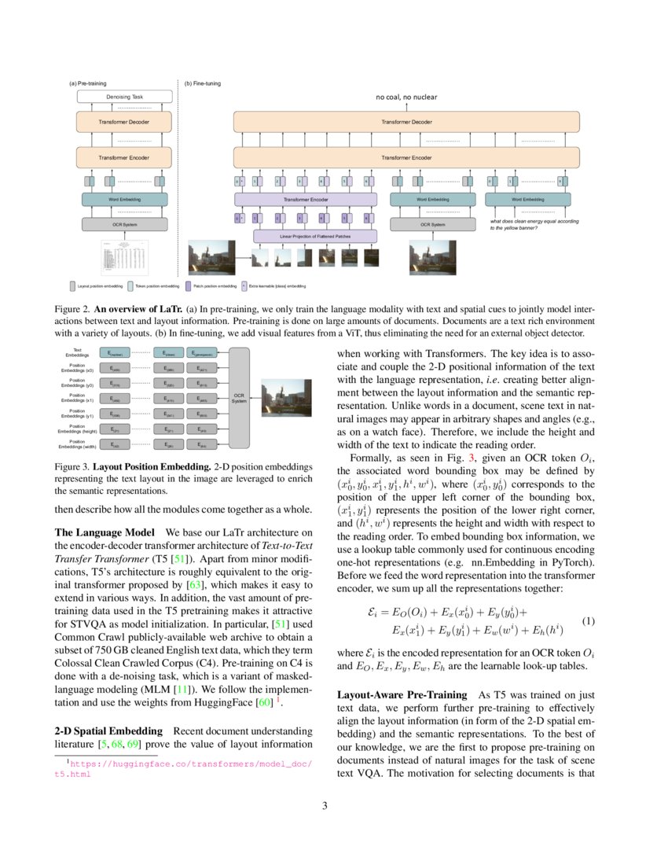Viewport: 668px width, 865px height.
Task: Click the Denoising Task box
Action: pyautogui.click(x=124, y=97)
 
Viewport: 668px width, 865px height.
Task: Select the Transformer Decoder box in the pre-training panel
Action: pyautogui.click(x=124, y=122)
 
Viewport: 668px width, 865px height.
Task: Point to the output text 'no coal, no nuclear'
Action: pyautogui.click(x=406, y=97)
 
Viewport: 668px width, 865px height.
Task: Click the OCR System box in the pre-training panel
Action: pyautogui.click(x=124, y=225)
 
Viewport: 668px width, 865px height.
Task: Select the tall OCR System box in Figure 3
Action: pyautogui.click(x=239, y=398)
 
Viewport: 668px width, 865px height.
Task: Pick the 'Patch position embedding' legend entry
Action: pyautogui.click(x=211, y=286)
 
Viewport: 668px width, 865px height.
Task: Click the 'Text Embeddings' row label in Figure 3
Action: pyautogui.click(x=78, y=352)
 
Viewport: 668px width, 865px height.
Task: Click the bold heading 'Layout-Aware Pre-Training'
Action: pyautogui.click(x=402, y=696)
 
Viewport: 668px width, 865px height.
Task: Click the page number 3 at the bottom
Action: pyautogui.click(x=334, y=805)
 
